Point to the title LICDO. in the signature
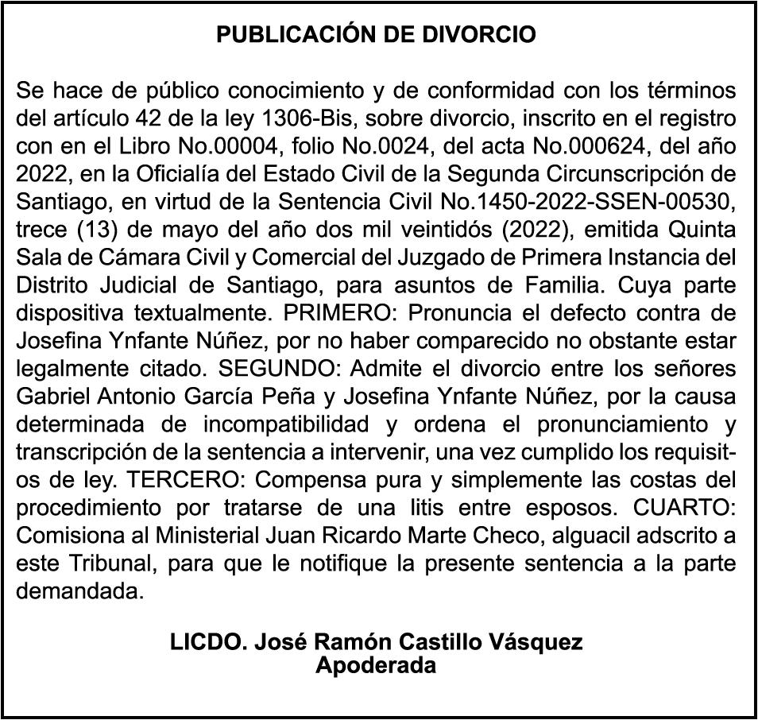208,642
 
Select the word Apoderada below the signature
376,665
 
